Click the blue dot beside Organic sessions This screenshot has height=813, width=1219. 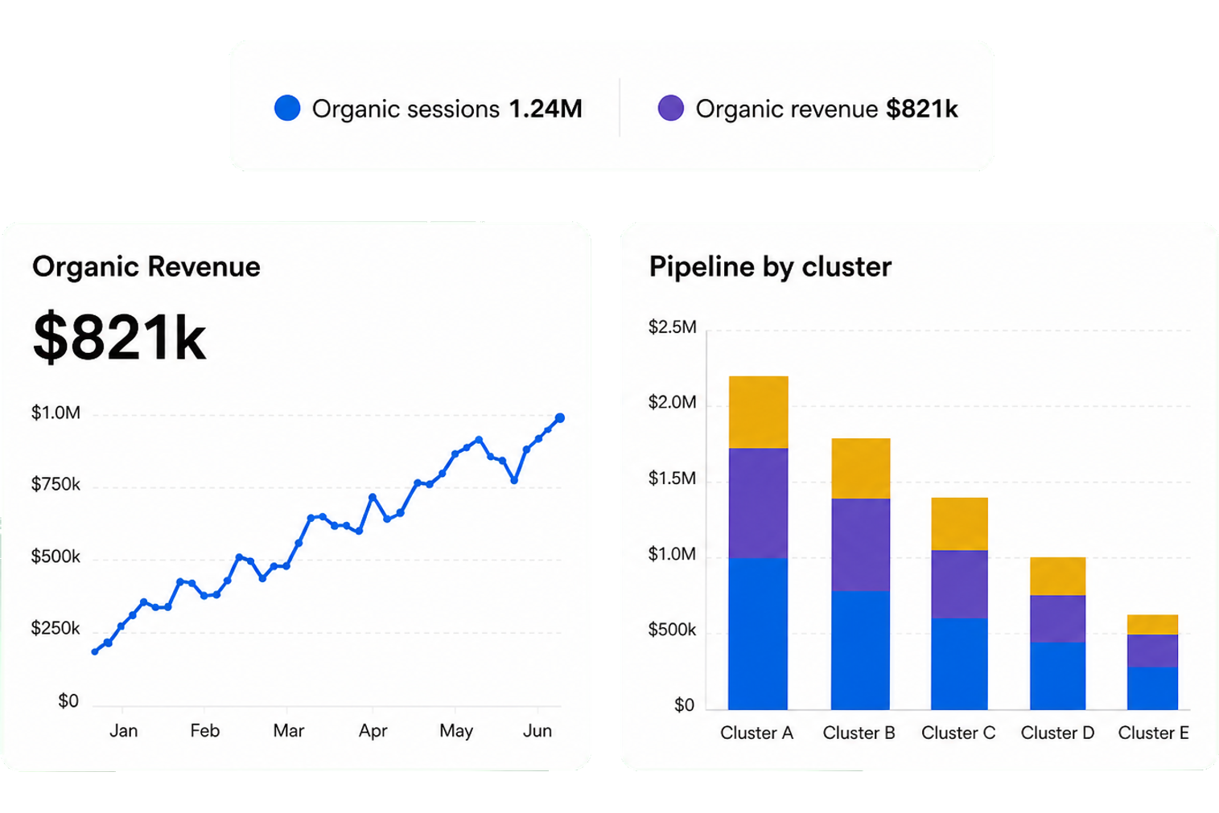287,108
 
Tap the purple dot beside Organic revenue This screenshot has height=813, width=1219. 670,108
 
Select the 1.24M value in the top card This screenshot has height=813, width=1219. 546,109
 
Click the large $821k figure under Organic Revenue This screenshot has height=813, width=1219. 120,338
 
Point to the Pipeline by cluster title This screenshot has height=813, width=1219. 770,267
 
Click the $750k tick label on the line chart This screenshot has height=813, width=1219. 56,484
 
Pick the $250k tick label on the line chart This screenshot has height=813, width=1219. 56,628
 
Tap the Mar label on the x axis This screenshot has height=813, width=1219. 288,730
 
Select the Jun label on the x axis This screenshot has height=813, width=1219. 537,730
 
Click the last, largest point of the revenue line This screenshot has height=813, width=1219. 559,417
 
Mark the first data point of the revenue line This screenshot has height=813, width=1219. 95,651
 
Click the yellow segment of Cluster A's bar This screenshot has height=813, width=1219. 759,413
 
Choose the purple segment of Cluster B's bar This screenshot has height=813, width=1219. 860,545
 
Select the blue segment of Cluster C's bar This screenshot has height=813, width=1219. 959,664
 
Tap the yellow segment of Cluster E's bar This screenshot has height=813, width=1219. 1152,624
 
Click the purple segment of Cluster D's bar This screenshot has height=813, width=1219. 1058,619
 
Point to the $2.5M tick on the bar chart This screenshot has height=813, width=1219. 672,326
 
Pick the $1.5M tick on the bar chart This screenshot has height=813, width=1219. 672,478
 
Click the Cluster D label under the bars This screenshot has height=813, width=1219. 1057,733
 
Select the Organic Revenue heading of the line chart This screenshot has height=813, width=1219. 146,266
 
